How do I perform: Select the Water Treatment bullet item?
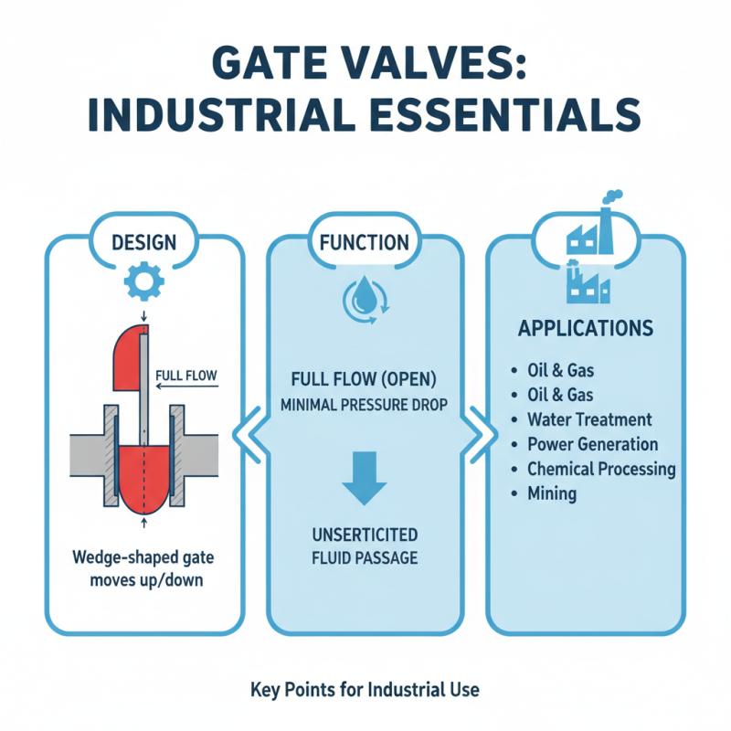(589, 419)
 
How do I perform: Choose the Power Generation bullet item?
(592, 444)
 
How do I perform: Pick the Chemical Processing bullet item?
(601, 469)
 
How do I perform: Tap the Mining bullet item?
(551, 493)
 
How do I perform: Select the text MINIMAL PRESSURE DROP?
(364, 404)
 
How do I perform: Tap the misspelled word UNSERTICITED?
(364, 535)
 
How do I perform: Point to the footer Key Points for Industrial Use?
(364, 690)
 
